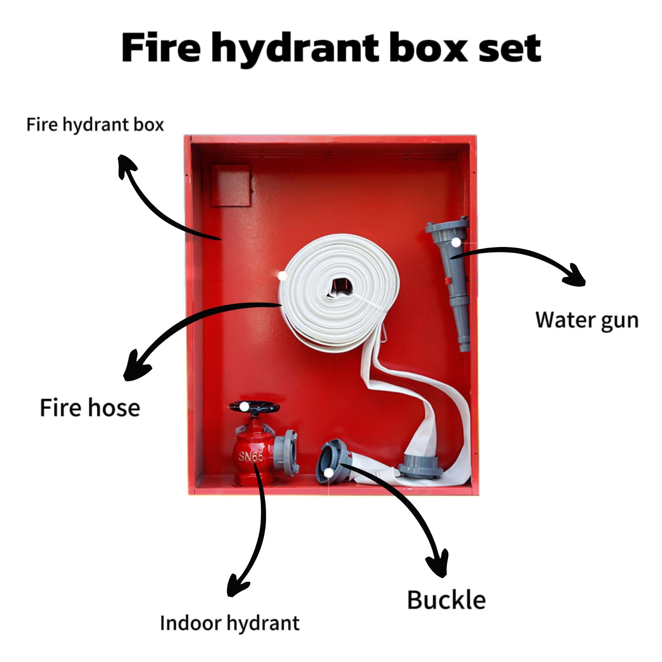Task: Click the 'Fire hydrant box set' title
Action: tap(331, 48)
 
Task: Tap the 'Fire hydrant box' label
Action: tap(95, 125)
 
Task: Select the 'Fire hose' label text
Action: tap(90, 408)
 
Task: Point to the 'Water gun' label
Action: tap(587, 320)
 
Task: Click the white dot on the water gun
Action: tap(456, 242)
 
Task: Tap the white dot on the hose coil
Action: tap(282, 275)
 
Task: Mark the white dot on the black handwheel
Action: tap(244, 407)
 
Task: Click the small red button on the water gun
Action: tap(447, 281)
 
